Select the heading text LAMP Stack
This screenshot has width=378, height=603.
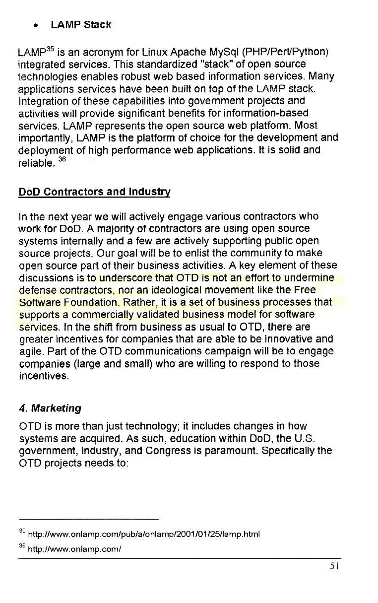coord(81,24)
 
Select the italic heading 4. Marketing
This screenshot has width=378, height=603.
coord(50,409)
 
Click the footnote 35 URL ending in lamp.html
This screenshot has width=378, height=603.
coord(144,535)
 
